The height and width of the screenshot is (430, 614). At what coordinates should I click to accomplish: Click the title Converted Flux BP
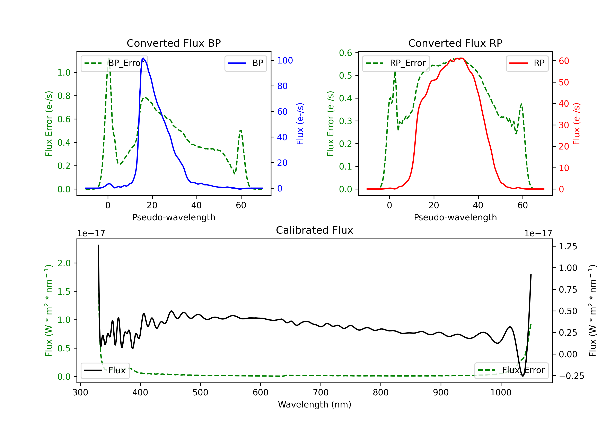coord(174,43)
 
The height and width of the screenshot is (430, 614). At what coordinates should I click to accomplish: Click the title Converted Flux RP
coord(455,43)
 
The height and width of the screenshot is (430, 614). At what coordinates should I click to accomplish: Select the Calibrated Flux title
coord(315,230)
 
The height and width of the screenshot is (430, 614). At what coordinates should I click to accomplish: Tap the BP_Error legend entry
coord(114,63)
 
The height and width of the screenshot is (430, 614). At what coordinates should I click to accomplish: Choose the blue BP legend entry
coord(245,63)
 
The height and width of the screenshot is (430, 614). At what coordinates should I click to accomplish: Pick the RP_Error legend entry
coord(396,63)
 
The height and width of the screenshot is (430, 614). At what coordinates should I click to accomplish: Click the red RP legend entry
coord(527,63)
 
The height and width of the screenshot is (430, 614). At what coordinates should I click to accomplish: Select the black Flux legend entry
coord(105,370)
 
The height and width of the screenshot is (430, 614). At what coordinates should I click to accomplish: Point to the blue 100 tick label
coord(285,60)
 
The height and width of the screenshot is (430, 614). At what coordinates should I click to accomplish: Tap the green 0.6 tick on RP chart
coord(345,53)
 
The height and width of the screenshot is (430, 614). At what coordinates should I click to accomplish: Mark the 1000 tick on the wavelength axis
coord(501,392)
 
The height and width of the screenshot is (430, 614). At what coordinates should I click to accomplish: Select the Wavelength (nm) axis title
coord(315,404)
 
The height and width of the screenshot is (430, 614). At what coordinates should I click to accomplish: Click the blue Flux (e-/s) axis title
coord(300,124)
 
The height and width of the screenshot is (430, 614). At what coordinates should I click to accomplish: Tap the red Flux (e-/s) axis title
coord(577,124)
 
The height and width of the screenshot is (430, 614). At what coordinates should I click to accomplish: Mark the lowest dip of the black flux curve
coord(523,376)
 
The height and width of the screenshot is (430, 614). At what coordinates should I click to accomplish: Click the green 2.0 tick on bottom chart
coord(64,263)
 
